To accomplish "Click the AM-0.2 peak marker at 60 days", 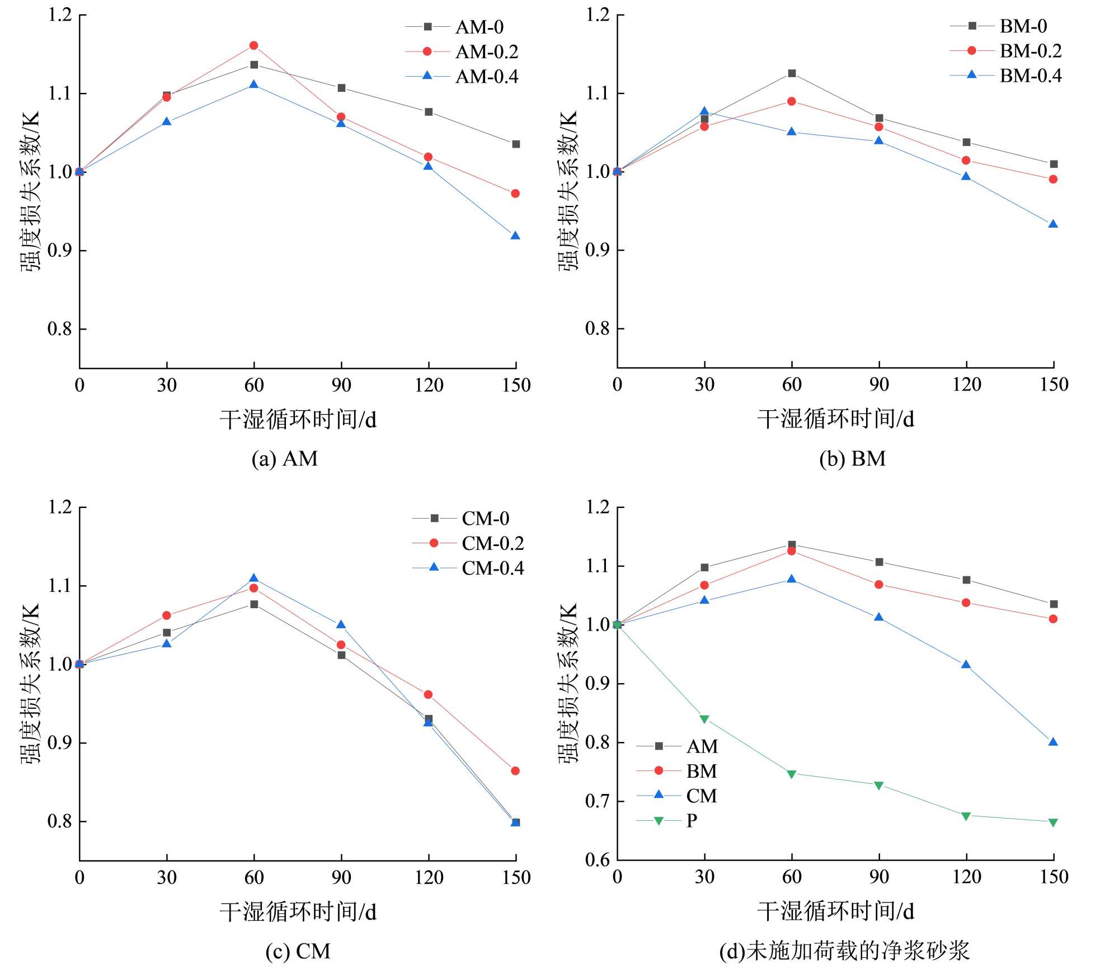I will pos(253,45).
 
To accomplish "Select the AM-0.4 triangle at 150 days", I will pos(515,236).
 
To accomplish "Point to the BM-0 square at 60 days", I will pos(792,73).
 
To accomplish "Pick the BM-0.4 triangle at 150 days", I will pos(1053,224).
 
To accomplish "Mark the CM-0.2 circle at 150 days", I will pos(515,771).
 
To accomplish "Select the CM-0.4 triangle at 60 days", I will pos(253,578).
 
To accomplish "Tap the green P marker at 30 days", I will pos(704,719).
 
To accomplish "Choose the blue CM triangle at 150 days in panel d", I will pos(1053,742).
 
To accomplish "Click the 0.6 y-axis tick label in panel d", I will pos(597,860).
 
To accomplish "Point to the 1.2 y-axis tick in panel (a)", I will pos(60,15).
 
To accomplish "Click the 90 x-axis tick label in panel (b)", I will pos(879,385).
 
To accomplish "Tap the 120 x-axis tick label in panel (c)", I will pos(429,877).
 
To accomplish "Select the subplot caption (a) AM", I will pos(284,459).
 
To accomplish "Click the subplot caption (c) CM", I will pos(298,951).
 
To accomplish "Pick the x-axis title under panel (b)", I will pos(835,419).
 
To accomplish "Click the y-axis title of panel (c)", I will pos(31,684).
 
